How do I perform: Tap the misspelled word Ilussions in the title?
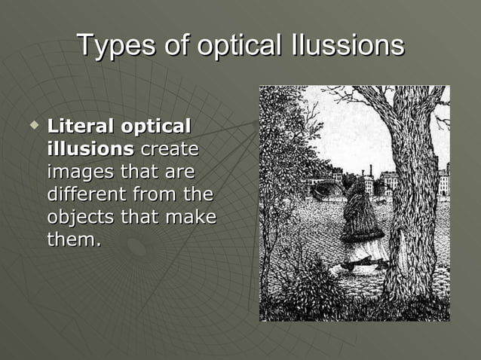(347, 46)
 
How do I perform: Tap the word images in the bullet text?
(79, 172)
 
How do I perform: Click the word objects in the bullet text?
(79, 218)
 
